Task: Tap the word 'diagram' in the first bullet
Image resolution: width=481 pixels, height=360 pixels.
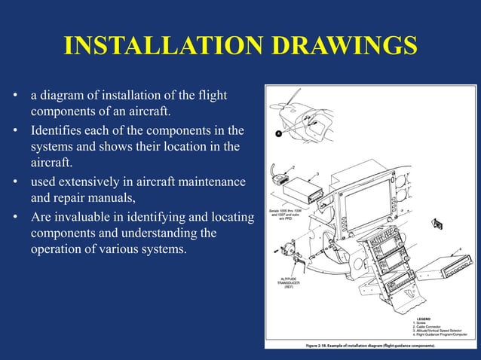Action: [x=63, y=96]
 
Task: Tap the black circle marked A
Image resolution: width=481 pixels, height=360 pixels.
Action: [x=278, y=133]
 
